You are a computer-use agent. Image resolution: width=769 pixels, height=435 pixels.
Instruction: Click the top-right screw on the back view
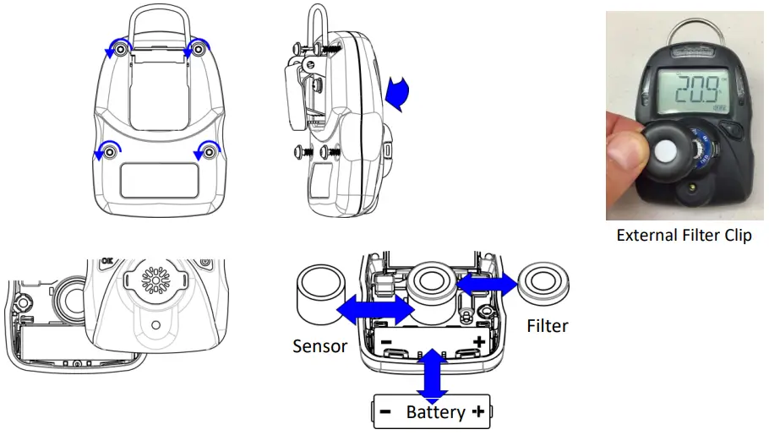pyautogui.click(x=199, y=51)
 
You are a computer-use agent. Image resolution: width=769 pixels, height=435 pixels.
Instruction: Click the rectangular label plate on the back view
pyautogui.click(x=159, y=180)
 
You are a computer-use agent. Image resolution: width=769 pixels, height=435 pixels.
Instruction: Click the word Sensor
pyautogui.click(x=320, y=345)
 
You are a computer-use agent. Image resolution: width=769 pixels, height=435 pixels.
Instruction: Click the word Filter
pyautogui.click(x=547, y=325)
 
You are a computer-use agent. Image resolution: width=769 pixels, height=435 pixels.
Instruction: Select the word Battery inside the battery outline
pyautogui.click(x=435, y=412)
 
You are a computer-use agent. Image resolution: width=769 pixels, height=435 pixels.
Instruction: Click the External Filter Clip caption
pyautogui.click(x=684, y=236)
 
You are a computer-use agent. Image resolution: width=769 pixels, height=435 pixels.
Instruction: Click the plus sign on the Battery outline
pyautogui.click(x=477, y=412)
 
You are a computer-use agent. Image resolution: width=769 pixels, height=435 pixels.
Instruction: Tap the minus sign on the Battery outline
pyautogui.click(x=385, y=412)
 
